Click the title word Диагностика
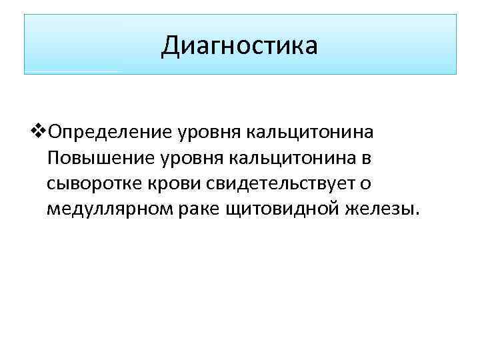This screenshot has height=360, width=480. (239, 46)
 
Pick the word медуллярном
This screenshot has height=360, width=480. (109, 211)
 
